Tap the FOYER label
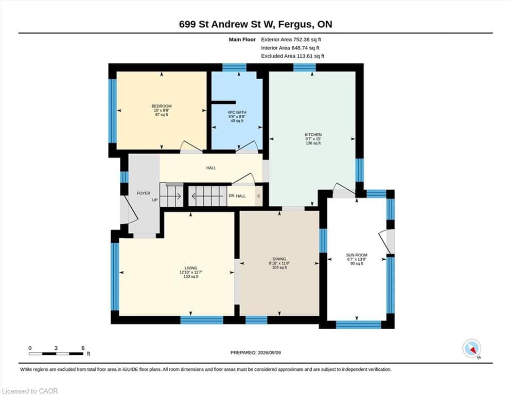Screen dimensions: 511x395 pos(144,193)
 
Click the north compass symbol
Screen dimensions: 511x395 pos(472,349)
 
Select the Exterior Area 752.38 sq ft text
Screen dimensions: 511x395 pos(291,40)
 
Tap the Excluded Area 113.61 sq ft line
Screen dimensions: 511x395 pos(293,56)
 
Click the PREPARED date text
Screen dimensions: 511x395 pos(255,353)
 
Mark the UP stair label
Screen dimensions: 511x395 pos(155,200)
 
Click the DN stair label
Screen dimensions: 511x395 pos(232,196)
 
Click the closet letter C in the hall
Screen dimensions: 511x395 pos(259,196)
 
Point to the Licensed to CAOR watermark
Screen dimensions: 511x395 pos(30,391)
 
